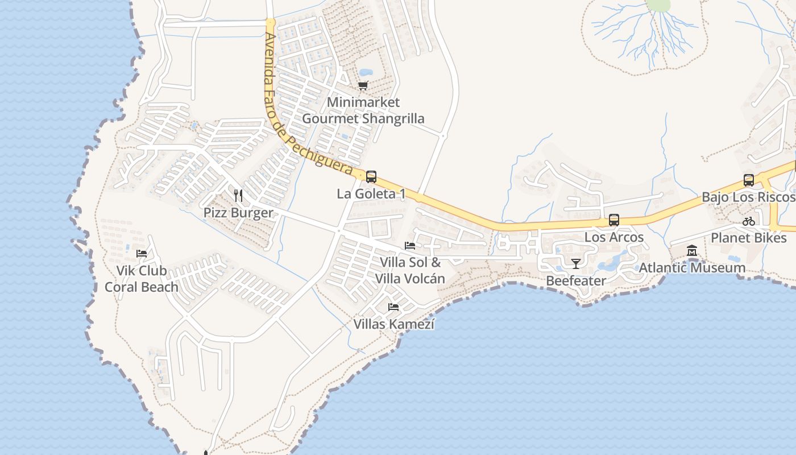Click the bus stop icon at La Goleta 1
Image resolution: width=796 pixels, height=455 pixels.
pyautogui.click(x=371, y=177)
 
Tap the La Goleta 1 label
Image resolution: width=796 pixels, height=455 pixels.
pyautogui.click(x=371, y=194)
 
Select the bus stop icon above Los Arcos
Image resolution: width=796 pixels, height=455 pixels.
pyautogui.click(x=613, y=220)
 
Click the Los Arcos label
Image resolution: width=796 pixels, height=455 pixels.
pyautogui.click(x=614, y=237)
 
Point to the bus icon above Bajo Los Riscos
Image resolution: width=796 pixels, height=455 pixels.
pyautogui.click(x=749, y=180)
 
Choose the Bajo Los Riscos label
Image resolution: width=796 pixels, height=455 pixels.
pyautogui.click(x=748, y=197)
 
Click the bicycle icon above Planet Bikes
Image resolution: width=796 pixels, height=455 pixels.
pyautogui.click(x=749, y=221)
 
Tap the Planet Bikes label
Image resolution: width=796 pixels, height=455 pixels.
pyautogui.click(x=749, y=238)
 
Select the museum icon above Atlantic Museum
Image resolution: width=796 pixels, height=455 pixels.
pyautogui.click(x=692, y=251)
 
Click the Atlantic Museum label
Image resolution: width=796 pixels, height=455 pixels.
pyautogui.click(x=692, y=268)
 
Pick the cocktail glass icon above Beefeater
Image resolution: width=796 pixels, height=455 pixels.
pyautogui.click(x=576, y=263)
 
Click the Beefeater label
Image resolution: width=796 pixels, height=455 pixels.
pyautogui.click(x=576, y=280)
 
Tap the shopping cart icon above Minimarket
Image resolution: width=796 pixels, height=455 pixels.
pyautogui.click(x=363, y=86)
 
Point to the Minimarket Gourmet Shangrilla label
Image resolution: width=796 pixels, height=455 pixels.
pyautogui.click(x=363, y=110)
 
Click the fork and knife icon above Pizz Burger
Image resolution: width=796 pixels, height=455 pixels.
pyautogui.click(x=238, y=196)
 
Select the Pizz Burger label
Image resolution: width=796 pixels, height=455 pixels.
pyautogui.click(x=238, y=213)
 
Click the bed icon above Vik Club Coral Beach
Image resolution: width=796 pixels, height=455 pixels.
pyautogui.click(x=142, y=253)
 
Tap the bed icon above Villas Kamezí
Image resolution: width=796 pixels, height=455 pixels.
pyautogui.click(x=393, y=307)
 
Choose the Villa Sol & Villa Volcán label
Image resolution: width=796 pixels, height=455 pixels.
pyautogui.click(x=409, y=271)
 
